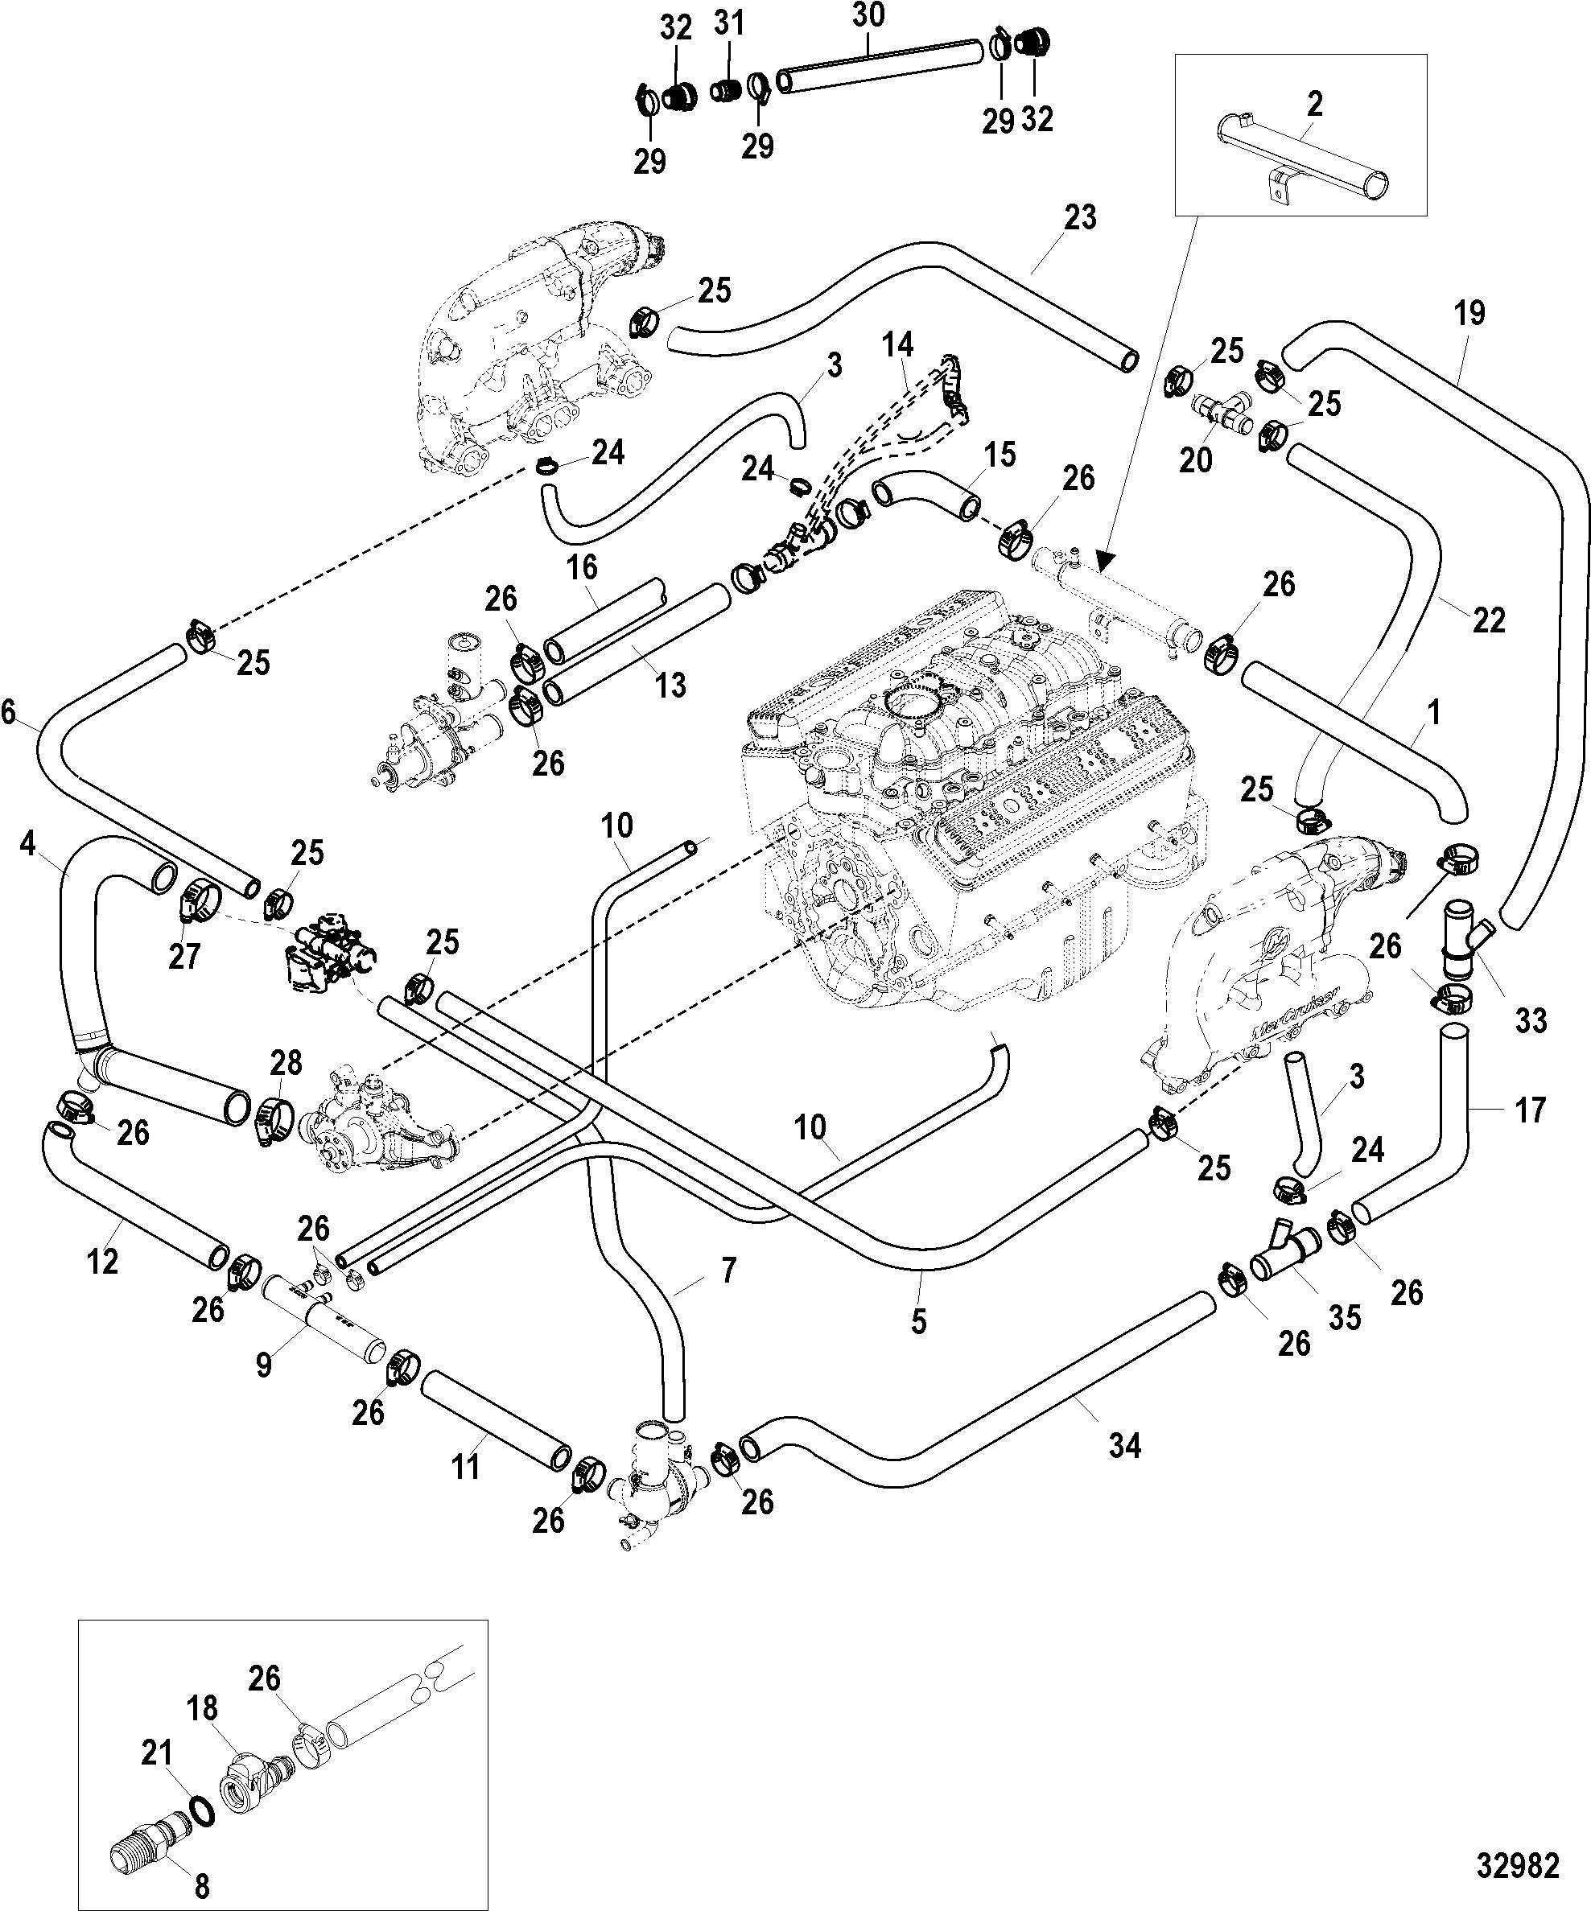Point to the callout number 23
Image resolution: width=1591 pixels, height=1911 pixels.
pyautogui.click(x=1081, y=218)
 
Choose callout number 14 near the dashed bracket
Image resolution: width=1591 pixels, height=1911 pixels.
pyautogui.click(x=897, y=346)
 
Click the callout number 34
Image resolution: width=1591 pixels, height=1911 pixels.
pyautogui.click(x=1125, y=1445)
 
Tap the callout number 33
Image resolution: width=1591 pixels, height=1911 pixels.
pyautogui.click(x=1531, y=1021)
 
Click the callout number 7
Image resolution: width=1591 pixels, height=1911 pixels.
pyautogui.click(x=727, y=1271)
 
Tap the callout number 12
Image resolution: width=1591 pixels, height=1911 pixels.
pyautogui.click(x=103, y=1262)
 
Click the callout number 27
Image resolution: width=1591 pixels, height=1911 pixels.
pyautogui.click(x=185, y=957)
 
